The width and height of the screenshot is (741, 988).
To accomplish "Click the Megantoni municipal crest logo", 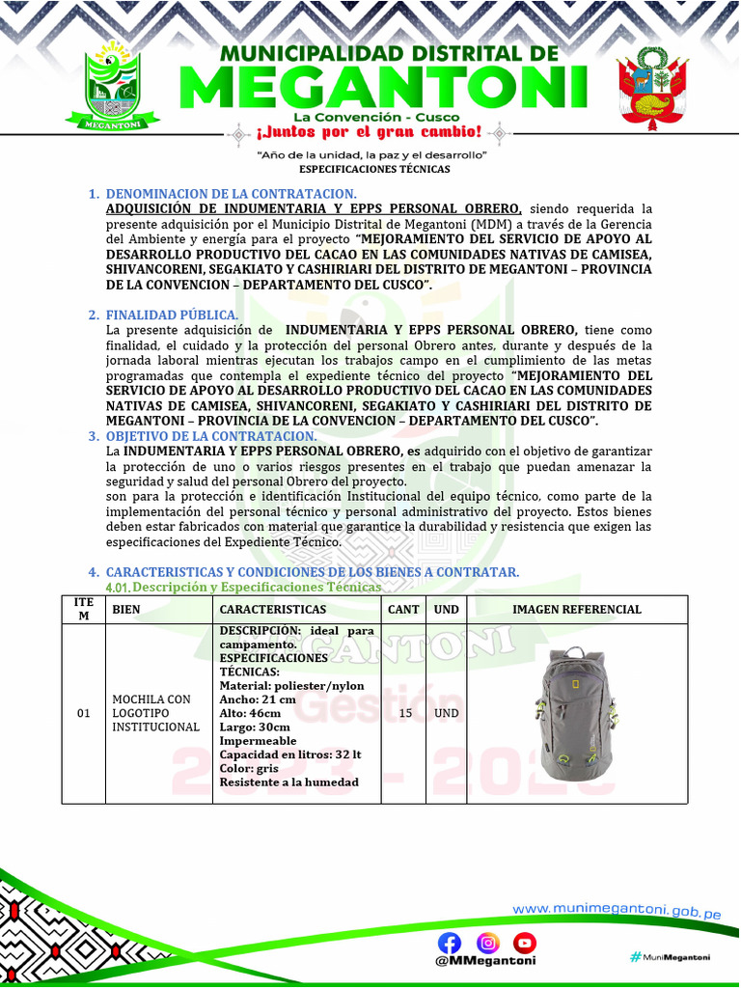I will coord(113,86).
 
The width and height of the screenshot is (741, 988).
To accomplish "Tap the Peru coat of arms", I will coord(655,88).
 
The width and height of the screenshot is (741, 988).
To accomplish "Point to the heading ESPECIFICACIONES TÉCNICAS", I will coord(370,169).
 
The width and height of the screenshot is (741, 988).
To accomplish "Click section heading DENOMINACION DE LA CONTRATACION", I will coord(231,194).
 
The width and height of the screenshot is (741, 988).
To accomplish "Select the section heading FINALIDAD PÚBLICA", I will coord(172,316).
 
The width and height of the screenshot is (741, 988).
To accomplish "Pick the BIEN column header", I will coord(126,610).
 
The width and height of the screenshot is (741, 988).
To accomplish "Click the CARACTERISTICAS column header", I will coord(273,610).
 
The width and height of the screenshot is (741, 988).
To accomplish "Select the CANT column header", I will coord(403,610).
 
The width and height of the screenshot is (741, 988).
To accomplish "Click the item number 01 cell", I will coord(83,714).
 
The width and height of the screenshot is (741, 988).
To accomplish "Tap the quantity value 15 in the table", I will coord(404,713).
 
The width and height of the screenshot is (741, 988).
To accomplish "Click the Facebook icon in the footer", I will coord(450,943).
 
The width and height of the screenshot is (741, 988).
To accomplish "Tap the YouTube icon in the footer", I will coord(525,943).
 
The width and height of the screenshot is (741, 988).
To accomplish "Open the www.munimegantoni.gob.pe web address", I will coord(617,910).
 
